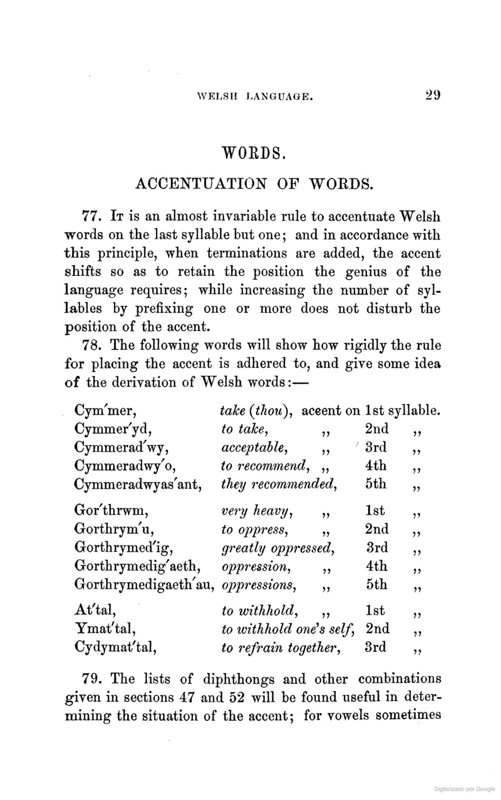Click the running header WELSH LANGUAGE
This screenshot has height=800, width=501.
point(255,96)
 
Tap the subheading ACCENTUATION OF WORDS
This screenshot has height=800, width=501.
point(254,183)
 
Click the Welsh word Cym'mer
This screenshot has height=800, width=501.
point(105,411)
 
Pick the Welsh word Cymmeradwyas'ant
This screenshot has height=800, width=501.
point(138,484)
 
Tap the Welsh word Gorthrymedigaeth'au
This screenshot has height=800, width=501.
point(144,585)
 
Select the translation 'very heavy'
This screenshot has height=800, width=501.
point(258,511)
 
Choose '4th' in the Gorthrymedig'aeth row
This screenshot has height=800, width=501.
point(376,566)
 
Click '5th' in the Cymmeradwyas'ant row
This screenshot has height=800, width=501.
point(376,484)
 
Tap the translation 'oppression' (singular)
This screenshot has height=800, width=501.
point(256,567)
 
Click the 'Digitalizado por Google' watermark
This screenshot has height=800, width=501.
point(465,789)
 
